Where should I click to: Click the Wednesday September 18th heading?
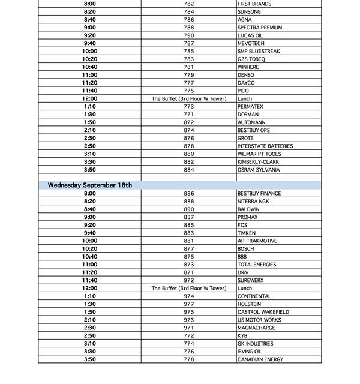[x=90, y=185]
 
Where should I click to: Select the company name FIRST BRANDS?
[x=254, y=4]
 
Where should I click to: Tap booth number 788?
[x=189, y=28]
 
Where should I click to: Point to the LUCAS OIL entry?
[x=250, y=35]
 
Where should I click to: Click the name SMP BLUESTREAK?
[x=259, y=52]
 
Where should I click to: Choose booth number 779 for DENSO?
[x=189, y=75]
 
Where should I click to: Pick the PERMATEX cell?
[x=250, y=107]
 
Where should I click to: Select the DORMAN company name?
[x=248, y=115]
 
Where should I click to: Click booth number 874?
[x=189, y=130]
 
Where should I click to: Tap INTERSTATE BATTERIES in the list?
[x=265, y=146]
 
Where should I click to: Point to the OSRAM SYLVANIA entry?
[x=259, y=170]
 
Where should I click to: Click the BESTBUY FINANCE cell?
[x=259, y=194]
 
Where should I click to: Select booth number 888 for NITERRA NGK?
[x=189, y=202]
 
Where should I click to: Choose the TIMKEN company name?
[x=247, y=233]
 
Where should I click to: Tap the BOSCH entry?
[x=246, y=249]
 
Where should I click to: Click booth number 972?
[x=189, y=281]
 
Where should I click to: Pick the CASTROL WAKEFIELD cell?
[x=263, y=312]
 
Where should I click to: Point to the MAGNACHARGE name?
[x=256, y=328]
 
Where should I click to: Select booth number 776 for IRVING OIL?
[x=189, y=352]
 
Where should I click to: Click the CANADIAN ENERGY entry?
[x=260, y=359]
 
